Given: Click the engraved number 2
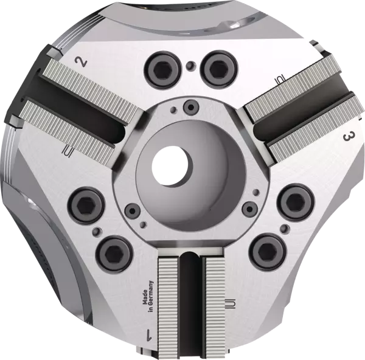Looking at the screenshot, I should [79, 61].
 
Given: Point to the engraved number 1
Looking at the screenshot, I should [149, 334].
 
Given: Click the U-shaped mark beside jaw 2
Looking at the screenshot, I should [68, 150].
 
